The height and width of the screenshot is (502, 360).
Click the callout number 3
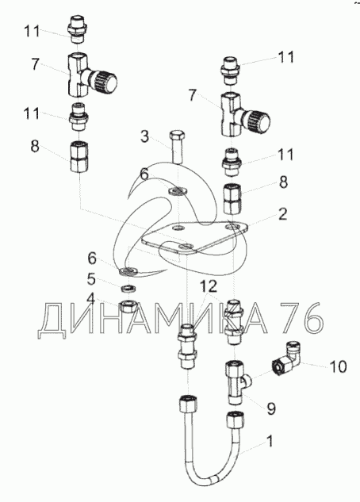coord(145,136)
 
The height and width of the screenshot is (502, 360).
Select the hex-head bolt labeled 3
coord(176,147)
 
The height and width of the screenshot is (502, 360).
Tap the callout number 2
coord(283,214)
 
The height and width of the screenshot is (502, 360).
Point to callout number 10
coord(338,366)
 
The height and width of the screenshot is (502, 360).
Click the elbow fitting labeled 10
coord(286,357)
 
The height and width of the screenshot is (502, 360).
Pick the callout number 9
coord(271,408)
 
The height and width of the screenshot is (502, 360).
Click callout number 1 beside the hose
coord(270,442)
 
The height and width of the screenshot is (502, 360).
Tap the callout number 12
coord(209,286)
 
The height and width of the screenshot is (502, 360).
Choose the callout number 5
coord(91,279)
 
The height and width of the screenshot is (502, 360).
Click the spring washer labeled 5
coord(129,288)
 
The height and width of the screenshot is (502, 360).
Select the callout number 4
coord(91,300)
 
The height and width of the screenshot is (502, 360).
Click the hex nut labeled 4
coord(128,307)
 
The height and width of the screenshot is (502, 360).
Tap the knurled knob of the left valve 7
coord(105,81)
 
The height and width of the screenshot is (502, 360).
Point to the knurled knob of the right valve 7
coord(258,121)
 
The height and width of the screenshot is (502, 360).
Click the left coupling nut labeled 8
coord(79,157)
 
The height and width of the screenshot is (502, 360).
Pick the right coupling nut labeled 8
coord(232,198)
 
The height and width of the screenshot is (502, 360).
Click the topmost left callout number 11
coord(32,32)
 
